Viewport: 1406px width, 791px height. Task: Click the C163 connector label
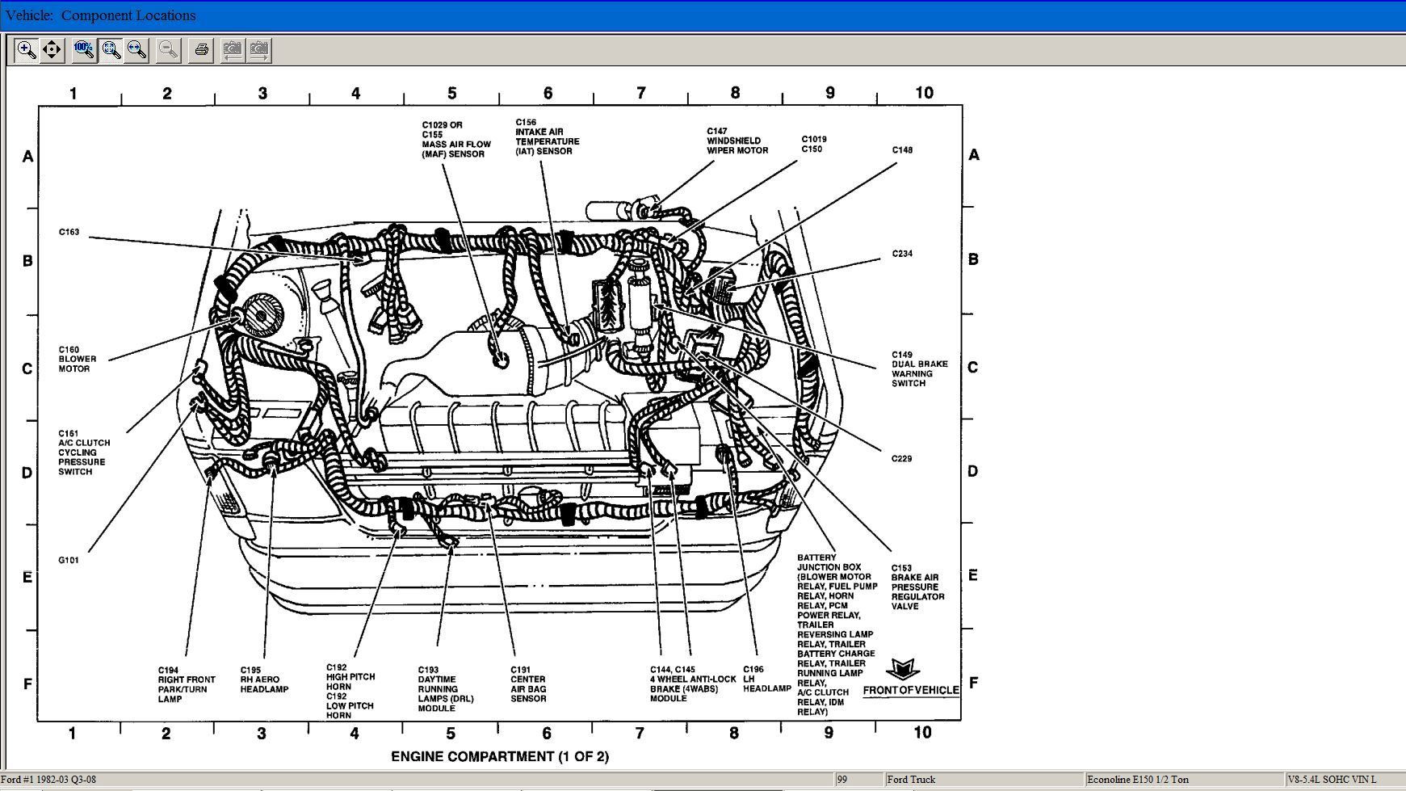coord(69,232)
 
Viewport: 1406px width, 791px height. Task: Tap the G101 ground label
coord(69,560)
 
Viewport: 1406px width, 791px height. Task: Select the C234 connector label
coord(902,254)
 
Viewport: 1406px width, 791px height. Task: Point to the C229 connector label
coord(901,459)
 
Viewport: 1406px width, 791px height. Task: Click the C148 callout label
coord(902,150)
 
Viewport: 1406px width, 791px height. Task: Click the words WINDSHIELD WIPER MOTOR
coord(737,145)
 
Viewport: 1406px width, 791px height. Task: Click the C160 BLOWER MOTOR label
coord(77,360)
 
